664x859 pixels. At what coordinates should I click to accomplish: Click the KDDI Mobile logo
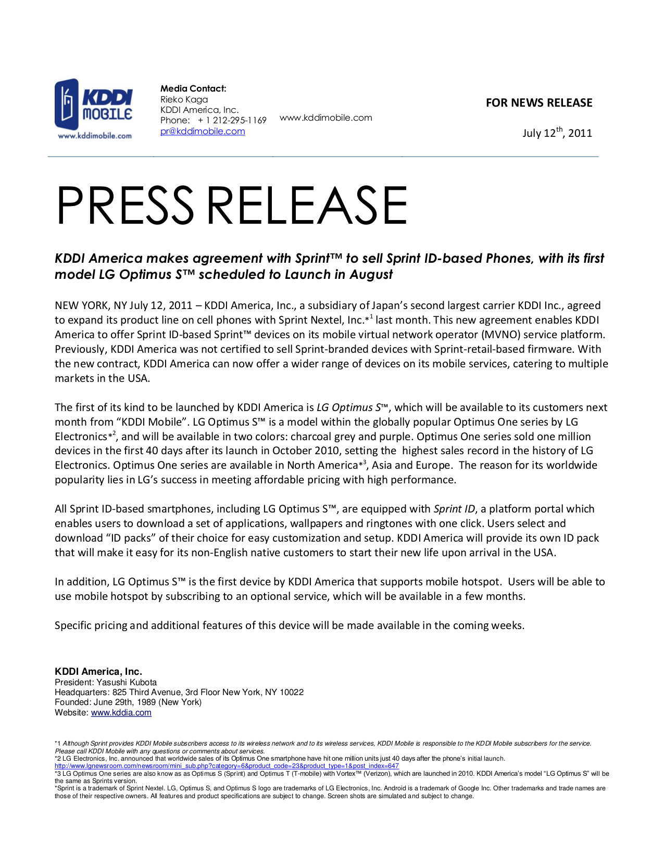tap(94, 109)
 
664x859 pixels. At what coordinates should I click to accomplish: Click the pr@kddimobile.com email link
tap(203, 131)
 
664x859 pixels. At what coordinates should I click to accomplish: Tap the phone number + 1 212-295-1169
tap(232, 120)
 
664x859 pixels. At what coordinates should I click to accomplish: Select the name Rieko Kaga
tap(184, 99)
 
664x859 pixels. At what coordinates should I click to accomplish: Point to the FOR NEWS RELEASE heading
tap(538, 102)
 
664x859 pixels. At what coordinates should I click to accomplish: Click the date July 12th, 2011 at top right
tap(557, 133)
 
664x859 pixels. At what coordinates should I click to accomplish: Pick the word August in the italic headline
tap(371, 275)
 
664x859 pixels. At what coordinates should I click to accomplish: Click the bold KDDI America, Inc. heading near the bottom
tap(98, 672)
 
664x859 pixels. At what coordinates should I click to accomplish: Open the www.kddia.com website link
tap(121, 713)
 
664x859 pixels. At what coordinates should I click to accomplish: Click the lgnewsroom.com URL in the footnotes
tap(227, 766)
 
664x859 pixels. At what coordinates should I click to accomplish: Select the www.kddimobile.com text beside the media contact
tap(325, 118)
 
